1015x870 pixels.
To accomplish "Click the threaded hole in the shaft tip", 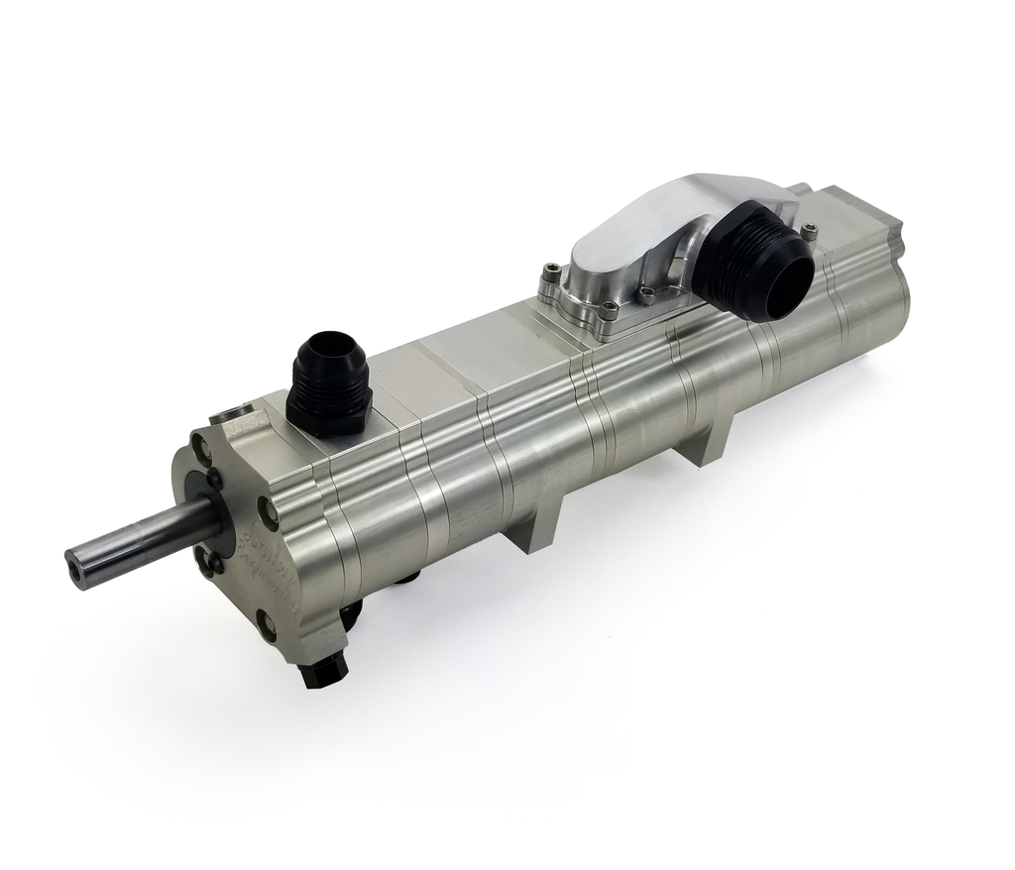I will [74, 572].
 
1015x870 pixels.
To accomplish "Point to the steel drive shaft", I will [139, 541].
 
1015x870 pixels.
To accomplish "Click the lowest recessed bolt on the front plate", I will [265, 624].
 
